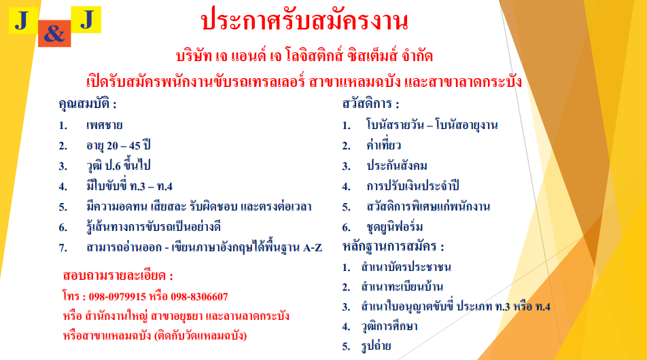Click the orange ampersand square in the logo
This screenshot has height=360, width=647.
point(54,33)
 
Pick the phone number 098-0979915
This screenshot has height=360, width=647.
point(117,297)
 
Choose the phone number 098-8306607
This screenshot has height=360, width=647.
point(199,297)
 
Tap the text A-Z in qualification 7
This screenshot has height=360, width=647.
point(313,247)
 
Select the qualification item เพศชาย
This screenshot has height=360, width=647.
point(104,125)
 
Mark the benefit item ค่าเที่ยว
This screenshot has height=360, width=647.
point(383,145)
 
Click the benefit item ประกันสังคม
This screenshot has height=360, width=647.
point(396,165)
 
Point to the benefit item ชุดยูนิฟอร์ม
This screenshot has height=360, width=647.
point(394,227)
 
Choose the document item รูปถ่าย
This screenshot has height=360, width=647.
point(376,346)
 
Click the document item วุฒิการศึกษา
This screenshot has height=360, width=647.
point(389,326)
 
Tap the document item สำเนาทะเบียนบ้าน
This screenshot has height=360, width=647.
point(402,286)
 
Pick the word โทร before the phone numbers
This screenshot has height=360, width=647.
point(71,296)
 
